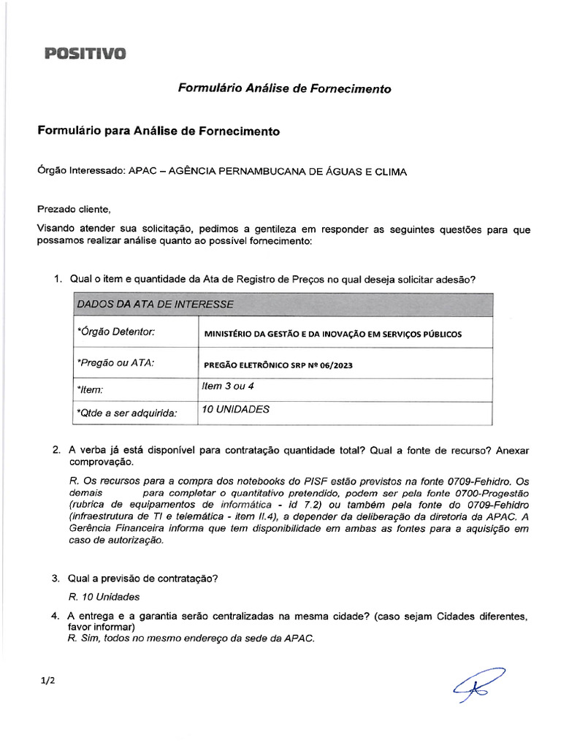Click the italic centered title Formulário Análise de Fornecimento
tap(285, 88)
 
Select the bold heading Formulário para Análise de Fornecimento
tap(159, 131)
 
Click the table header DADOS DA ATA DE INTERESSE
tap(155, 304)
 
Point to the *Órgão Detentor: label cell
tap(116, 332)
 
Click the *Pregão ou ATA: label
tap(115, 362)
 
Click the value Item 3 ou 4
tap(227, 386)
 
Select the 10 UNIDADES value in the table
tap(235, 409)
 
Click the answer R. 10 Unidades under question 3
tap(103, 597)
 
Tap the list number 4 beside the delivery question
tap(56, 617)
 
